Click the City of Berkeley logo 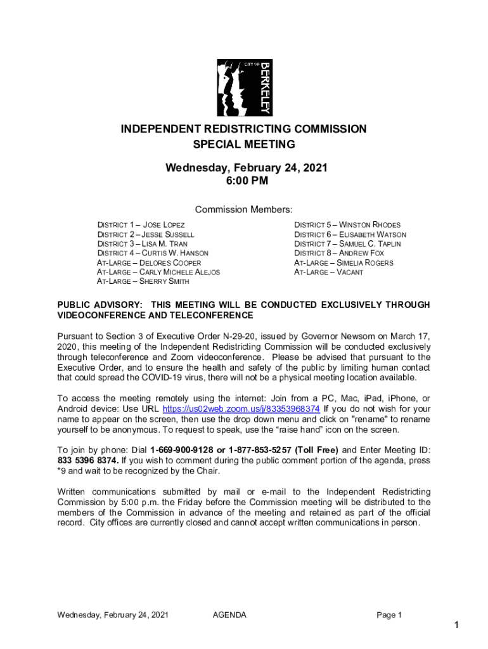coord(244,87)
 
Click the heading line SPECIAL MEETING coord(244,145)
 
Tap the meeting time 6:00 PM coord(244,181)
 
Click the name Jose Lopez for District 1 coord(164,225)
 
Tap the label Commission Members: coord(244,210)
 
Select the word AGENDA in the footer coord(229,615)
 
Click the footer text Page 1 coord(389,615)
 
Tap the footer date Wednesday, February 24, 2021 coord(113,615)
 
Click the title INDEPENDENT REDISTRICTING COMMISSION coord(244,129)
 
